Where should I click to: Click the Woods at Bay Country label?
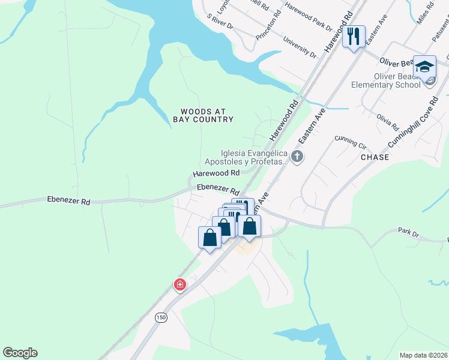tap(203, 116)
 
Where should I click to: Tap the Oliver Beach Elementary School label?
tap(397, 80)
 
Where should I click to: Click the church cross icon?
tap(297, 157)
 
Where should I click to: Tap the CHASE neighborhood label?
tap(375, 157)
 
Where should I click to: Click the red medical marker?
tap(179, 284)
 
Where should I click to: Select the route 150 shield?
tap(161, 317)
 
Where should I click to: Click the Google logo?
tap(20, 353)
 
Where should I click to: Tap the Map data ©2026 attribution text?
tap(423, 355)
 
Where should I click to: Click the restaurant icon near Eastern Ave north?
tap(354, 37)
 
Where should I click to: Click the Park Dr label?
tap(408, 231)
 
